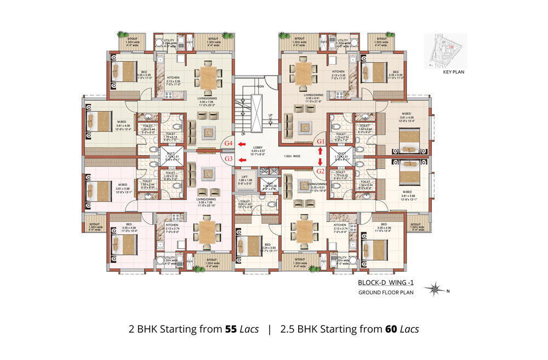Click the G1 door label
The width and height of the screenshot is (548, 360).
click(321, 141)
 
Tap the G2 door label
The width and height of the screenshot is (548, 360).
click(321, 170)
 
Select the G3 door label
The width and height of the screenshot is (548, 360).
click(230, 159)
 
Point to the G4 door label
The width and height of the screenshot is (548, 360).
click(230, 144)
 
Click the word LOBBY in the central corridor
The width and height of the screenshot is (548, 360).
click(258, 147)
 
